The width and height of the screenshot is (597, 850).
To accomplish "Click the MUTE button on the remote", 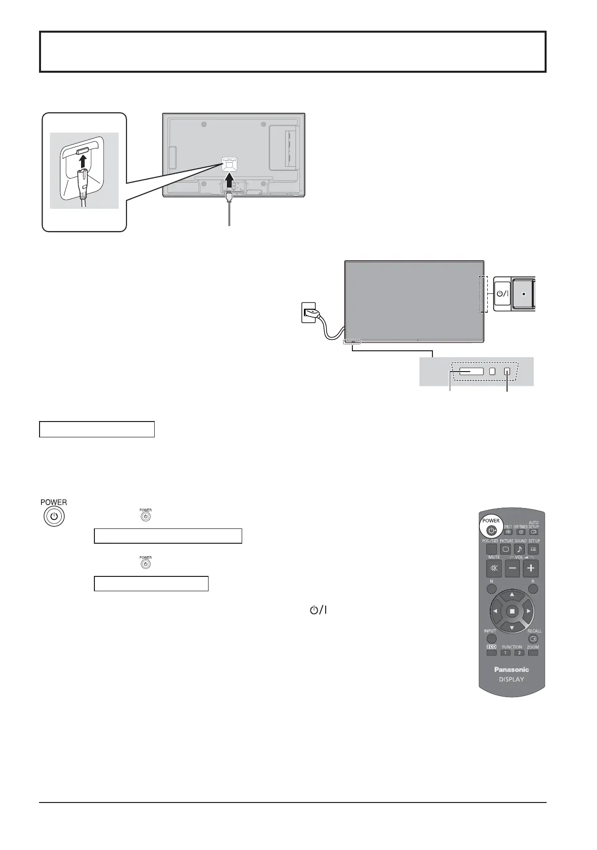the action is (x=494, y=568).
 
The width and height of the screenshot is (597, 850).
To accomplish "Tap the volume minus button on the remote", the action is (x=512, y=568).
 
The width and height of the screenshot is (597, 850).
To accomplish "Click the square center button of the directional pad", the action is (x=512, y=612).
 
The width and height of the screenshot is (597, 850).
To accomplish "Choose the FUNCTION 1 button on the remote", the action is (x=506, y=653).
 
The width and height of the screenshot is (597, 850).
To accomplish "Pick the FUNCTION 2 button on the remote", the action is (x=519, y=653).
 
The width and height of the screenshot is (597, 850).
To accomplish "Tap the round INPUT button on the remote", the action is (x=491, y=639).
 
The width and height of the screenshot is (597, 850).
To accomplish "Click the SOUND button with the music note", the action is (x=519, y=549).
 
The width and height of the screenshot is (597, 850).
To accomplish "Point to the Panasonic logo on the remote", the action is (x=512, y=669).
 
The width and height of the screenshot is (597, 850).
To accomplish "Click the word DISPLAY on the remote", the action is (x=512, y=679).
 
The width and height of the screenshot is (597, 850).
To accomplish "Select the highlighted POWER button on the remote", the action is (x=491, y=530).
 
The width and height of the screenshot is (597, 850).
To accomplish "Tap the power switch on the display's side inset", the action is (x=502, y=293).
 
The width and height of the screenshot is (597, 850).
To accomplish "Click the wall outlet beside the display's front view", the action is (x=308, y=313).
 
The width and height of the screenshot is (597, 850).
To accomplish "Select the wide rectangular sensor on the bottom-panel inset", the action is (x=471, y=371).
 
